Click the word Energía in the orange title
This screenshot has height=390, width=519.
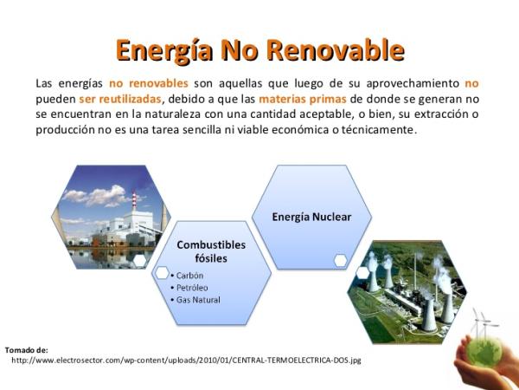[164, 51]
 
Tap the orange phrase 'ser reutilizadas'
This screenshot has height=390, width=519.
[120, 99]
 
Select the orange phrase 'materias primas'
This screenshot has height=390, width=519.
[303, 99]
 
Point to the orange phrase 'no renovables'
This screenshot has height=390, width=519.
[149, 83]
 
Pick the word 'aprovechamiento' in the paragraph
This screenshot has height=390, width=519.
[413, 83]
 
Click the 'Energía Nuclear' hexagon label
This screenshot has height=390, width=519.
[311, 217]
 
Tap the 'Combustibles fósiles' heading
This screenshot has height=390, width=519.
[211, 251]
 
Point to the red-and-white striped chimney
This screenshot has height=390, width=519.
[134, 201]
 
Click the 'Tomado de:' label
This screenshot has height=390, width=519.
[27, 350]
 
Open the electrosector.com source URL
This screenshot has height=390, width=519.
[186, 361]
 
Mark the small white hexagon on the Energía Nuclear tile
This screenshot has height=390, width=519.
[341, 260]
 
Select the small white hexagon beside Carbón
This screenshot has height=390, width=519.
[163, 273]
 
